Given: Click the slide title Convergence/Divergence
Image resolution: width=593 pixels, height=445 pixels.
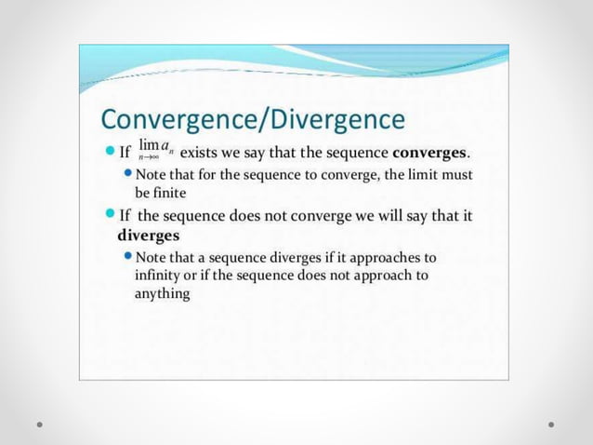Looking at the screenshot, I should (252, 119).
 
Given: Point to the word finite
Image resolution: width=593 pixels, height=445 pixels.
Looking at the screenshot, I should (171, 193).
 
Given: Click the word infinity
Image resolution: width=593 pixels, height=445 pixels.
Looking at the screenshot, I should (160, 276).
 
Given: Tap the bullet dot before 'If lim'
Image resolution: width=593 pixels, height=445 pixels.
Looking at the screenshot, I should (109, 152).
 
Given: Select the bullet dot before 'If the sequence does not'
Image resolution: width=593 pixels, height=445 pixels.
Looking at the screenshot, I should (109, 216).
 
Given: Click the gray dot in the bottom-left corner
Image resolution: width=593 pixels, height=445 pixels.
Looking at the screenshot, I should (41, 424).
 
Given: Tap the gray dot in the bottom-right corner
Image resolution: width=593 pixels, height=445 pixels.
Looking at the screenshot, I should (551, 424).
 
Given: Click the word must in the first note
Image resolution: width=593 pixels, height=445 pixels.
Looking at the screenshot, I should (458, 175).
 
